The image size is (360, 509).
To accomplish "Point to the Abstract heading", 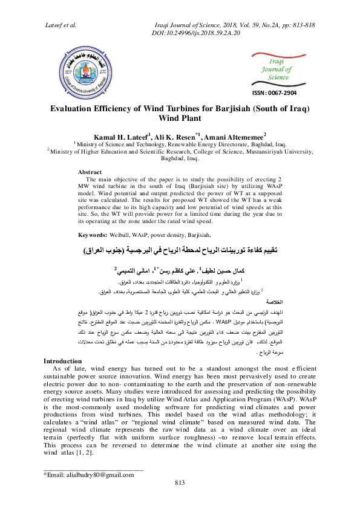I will click(90, 172).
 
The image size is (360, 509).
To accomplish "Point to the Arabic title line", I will click(180, 250).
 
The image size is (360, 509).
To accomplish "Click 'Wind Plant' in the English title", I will click(180, 119).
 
